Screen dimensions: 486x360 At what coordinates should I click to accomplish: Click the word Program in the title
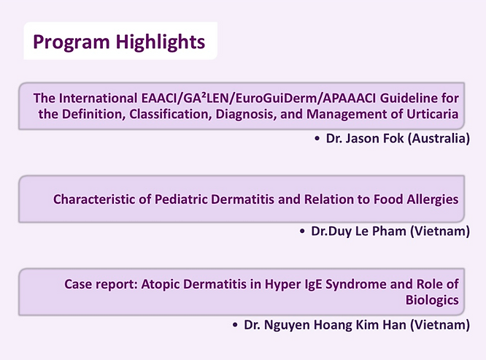[x=72, y=42]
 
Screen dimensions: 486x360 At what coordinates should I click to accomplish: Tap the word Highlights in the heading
[x=161, y=42]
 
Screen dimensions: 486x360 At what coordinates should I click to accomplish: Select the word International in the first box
[x=99, y=98]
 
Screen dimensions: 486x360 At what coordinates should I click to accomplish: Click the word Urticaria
[x=433, y=114]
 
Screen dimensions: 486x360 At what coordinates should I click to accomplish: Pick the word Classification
[x=171, y=114]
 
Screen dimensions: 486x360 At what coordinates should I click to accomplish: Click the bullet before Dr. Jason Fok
[x=317, y=139]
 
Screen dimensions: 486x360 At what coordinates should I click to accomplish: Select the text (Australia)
[x=439, y=138]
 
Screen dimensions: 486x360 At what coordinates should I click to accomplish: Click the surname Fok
[x=393, y=138]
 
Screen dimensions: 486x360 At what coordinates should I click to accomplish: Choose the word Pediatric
[x=181, y=199]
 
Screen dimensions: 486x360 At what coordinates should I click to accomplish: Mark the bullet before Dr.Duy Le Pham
[x=302, y=231]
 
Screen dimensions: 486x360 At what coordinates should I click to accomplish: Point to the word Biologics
[x=432, y=300]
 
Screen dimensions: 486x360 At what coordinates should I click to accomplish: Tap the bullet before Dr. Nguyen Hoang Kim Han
[x=235, y=325]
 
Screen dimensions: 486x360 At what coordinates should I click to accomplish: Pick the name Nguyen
[x=287, y=325]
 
